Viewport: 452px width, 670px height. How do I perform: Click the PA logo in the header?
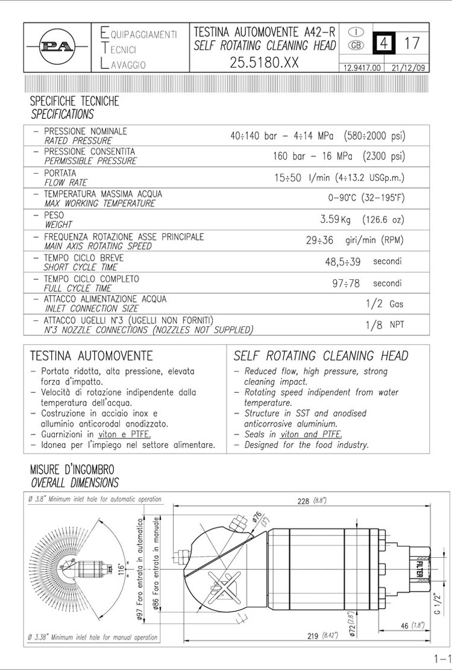pyautogui.click(x=57, y=47)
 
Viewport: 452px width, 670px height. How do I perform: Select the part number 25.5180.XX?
pyautogui.click(x=264, y=63)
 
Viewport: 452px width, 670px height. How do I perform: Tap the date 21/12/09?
pyautogui.click(x=408, y=68)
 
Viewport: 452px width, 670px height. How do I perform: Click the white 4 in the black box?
pyautogui.click(x=383, y=43)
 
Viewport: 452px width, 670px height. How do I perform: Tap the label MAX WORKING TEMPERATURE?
pyautogui.click(x=99, y=204)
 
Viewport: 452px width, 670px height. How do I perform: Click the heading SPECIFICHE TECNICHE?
pyautogui.click(x=75, y=101)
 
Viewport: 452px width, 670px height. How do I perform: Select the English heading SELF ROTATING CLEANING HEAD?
pyautogui.click(x=321, y=356)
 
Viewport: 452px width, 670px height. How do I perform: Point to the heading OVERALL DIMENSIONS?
pyautogui.click(x=75, y=483)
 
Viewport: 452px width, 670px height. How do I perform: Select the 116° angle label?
pyautogui.click(x=121, y=568)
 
